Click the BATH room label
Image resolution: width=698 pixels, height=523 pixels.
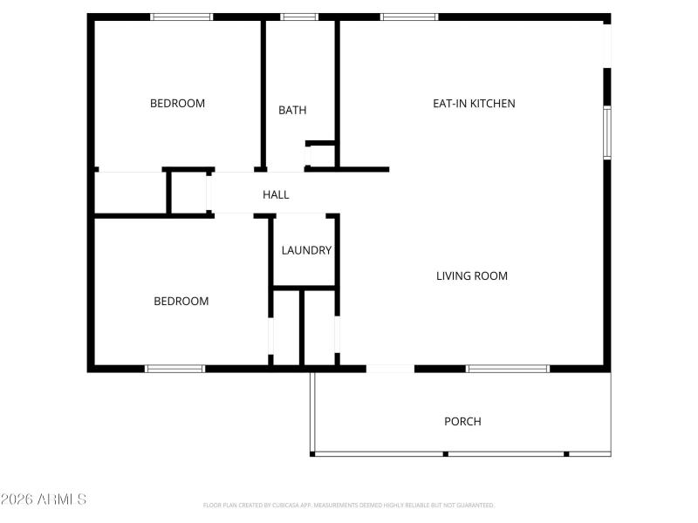(292, 110)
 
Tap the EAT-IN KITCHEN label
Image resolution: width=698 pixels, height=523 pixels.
(474, 103)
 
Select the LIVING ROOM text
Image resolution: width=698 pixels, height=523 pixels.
(471, 275)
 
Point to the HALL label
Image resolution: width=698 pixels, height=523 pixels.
(276, 194)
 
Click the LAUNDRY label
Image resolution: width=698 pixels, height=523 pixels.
(306, 250)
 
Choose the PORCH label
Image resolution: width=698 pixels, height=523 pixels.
(462, 421)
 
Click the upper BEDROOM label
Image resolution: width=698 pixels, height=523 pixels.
(177, 103)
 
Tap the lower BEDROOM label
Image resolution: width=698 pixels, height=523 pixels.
(181, 301)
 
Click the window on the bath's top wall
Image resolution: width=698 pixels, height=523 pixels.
(299, 17)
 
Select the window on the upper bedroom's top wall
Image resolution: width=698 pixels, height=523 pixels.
(181, 17)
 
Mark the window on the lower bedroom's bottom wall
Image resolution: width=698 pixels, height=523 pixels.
(174, 369)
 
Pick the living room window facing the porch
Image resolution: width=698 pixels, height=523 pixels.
(508, 369)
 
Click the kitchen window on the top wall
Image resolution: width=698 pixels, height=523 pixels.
(409, 17)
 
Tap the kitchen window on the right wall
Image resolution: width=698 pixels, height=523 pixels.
(607, 132)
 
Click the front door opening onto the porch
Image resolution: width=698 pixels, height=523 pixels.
(390, 369)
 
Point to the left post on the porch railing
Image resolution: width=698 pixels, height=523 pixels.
(445, 453)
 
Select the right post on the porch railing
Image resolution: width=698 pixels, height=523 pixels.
(566, 453)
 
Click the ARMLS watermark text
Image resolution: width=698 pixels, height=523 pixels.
(44, 499)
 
